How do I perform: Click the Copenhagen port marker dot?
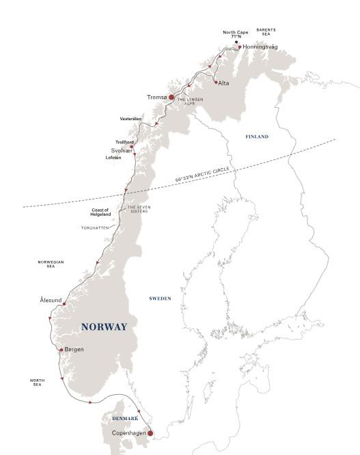click(x=150, y=432)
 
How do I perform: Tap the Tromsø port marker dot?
click(x=162, y=97)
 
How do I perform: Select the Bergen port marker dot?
click(x=61, y=350)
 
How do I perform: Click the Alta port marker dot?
click(x=216, y=83)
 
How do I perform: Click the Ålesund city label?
click(x=54, y=299)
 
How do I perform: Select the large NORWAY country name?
click(x=104, y=327)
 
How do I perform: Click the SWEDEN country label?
click(x=160, y=299)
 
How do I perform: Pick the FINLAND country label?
click(x=257, y=137)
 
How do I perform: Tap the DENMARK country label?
click(x=125, y=418)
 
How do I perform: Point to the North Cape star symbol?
click(x=236, y=42)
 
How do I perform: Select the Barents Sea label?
click(x=266, y=32)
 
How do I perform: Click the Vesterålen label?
click(x=130, y=118)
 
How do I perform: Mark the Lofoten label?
click(x=113, y=158)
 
